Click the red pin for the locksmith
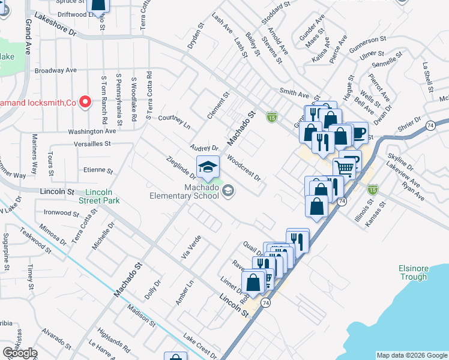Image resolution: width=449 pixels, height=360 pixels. (x=85, y=102)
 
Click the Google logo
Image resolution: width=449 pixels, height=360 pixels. (x=20, y=353)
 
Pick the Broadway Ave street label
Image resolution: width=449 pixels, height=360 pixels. (x=56, y=70)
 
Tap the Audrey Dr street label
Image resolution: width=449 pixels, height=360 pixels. (x=203, y=148)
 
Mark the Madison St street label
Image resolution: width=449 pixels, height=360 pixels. (x=141, y=316)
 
